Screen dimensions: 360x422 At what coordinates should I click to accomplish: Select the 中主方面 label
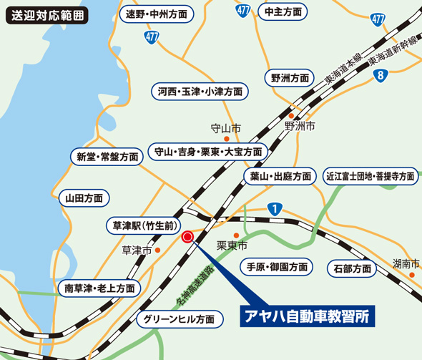tap(283, 11)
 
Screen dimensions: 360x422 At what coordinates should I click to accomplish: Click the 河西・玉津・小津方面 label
tap(200, 92)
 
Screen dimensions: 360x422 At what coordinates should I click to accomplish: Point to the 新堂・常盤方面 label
tap(108, 156)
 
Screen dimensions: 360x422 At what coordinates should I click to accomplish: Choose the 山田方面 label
tap(84, 198)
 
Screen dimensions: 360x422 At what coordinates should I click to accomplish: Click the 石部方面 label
tap(352, 268)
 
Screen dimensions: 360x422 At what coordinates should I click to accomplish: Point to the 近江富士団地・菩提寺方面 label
tap(371, 175)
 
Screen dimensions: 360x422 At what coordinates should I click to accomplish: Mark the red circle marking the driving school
tap(188, 238)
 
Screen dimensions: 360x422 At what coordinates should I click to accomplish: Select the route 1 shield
tap(275, 208)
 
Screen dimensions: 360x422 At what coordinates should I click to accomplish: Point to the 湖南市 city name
tap(406, 263)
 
